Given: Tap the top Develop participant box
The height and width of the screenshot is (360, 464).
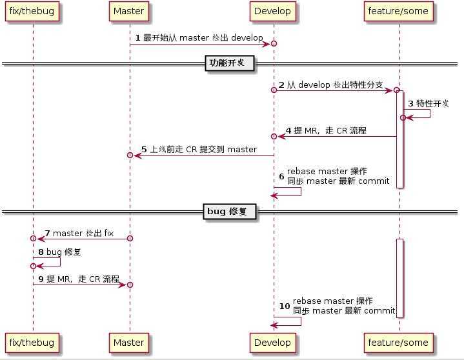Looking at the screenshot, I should click(x=273, y=12).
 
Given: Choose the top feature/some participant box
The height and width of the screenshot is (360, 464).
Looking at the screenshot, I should click(x=398, y=12).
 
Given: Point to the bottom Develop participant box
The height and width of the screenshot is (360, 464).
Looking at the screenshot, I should click(x=273, y=342).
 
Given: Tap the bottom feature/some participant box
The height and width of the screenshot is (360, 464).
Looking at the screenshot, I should click(x=398, y=342).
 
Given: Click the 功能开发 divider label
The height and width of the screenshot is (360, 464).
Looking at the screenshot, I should click(x=230, y=63).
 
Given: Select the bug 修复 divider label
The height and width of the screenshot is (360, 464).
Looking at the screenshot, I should click(x=230, y=212).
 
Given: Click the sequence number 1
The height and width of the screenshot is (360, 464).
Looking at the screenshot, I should click(x=138, y=38).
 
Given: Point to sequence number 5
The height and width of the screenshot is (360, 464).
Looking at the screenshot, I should click(x=144, y=150).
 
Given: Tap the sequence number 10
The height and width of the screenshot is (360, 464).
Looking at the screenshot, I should click(x=285, y=306).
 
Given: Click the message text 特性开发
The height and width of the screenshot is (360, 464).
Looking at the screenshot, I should click(x=432, y=103).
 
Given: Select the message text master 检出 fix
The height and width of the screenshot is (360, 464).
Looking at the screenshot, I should click(x=83, y=233).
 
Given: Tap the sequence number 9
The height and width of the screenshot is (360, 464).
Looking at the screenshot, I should click(x=41, y=279).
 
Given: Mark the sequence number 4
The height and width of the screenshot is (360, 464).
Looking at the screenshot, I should click(x=288, y=131).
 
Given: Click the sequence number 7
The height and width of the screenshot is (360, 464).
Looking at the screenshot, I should click(x=47, y=233).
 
